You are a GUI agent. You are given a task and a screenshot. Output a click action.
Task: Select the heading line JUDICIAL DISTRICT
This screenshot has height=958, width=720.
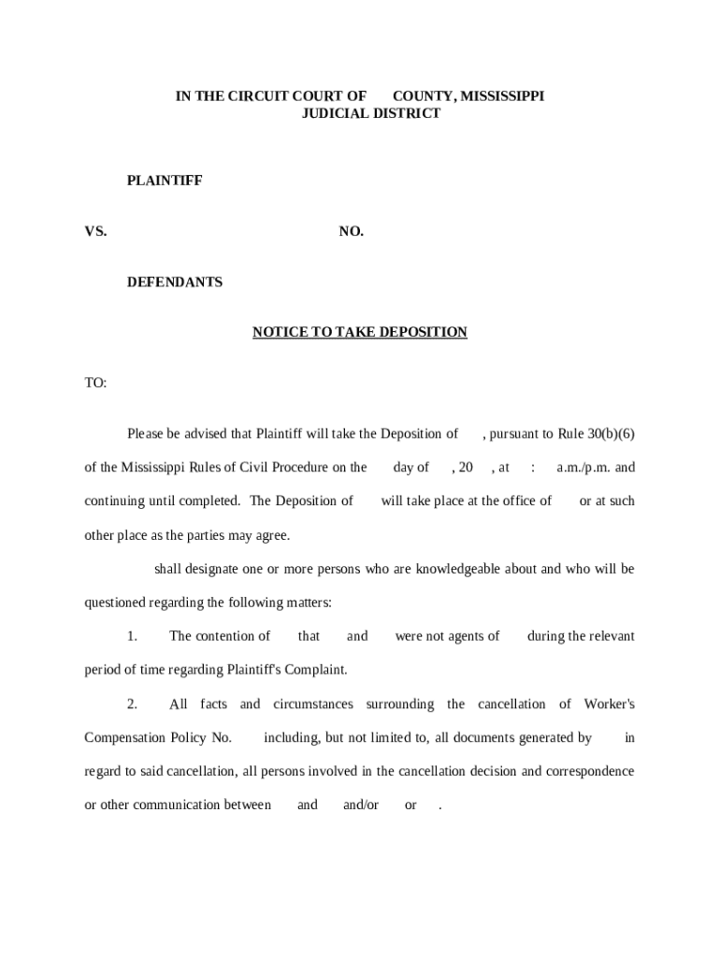coord(370,113)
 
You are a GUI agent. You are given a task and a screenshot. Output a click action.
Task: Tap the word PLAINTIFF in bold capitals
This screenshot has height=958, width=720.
coord(165,181)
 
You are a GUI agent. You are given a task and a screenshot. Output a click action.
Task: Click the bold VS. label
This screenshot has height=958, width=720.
coord(95,231)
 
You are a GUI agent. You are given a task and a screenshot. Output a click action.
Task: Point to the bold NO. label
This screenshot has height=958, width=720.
coord(351,231)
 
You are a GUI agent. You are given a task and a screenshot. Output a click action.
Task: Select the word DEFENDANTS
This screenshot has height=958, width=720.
coord(175,282)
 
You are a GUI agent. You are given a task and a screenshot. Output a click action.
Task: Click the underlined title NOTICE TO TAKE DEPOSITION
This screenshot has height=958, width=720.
coord(359,332)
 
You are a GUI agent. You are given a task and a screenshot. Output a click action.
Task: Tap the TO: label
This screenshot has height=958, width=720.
coord(95,383)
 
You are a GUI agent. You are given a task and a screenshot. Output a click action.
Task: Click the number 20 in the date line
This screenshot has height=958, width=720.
coord(465,467)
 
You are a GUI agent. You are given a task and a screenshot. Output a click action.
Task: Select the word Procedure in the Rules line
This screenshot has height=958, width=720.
coord(294,467)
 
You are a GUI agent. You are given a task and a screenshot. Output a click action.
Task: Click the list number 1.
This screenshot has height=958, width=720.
coord(133,636)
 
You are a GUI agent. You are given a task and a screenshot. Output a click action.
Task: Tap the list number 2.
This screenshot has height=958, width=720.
coord(133,704)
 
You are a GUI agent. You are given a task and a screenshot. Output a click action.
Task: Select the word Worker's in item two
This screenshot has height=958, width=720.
coord(609,704)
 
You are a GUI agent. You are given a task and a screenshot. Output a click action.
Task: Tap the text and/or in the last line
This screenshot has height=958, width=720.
coord(360,805)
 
